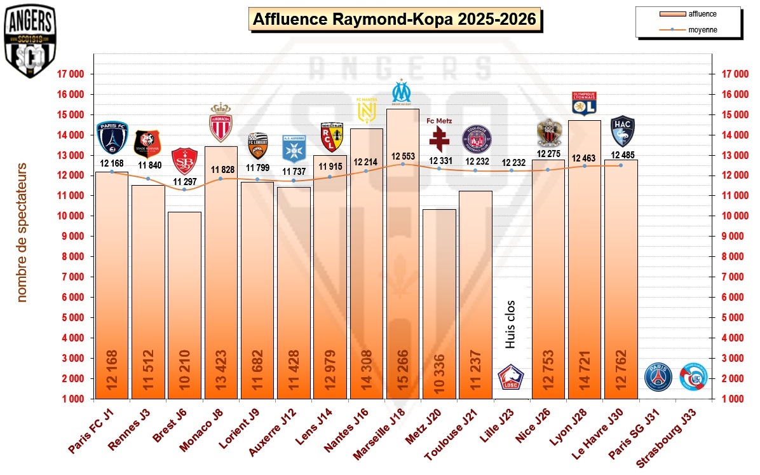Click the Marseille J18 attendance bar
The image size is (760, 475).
pos(402,254)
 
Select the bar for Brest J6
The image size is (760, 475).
pos(184,305)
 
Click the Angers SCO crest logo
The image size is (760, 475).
pos(29,41)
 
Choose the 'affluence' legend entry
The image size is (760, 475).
pos(688,13)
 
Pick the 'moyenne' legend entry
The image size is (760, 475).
pos(688,29)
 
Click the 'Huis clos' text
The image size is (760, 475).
pos(510,324)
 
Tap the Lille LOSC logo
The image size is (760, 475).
pos(510,377)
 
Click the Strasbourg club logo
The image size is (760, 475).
pos(693,376)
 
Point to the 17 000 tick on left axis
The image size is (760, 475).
pos(71,74)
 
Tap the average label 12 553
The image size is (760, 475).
pos(403,156)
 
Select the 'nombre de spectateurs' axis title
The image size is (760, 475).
pos(22,232)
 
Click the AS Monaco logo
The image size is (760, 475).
pos(221,122)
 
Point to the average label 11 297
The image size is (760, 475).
pos(184,181)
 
